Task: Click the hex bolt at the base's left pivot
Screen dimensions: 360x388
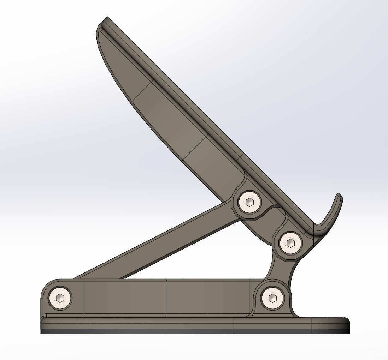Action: pos(60,298)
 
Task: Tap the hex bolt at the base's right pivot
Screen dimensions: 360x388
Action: pos(272,298)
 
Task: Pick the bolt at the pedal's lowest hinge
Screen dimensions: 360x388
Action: pos(290,243)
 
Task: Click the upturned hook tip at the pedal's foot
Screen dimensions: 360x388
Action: pos(339,198)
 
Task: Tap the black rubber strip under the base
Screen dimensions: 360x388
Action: pos(177,332)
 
